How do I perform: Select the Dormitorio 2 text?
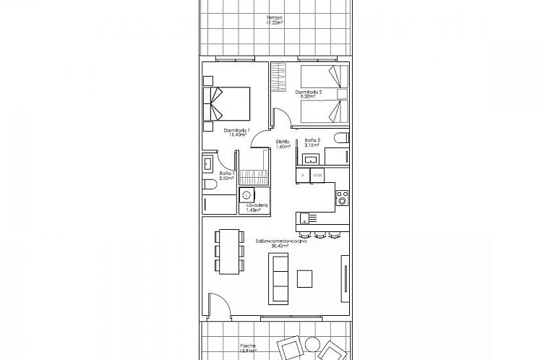309,95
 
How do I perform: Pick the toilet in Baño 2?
342,138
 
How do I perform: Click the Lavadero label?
257,207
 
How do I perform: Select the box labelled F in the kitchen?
303,176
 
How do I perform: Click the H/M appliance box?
317,176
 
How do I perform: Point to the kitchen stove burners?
342,197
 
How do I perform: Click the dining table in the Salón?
229,251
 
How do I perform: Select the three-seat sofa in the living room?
280,281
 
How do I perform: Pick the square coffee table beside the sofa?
305,278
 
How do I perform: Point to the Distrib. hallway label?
283,143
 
